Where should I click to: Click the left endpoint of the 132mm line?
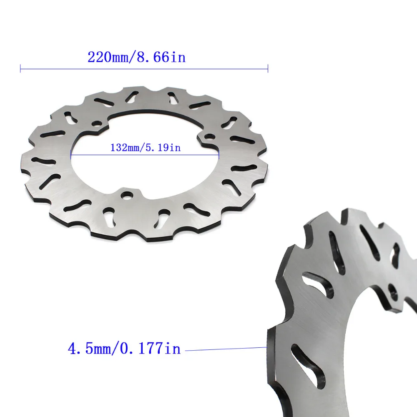[x=71, y=155]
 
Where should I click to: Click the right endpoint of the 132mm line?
[x=219, y=155]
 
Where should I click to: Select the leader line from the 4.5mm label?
[x=225, y=349]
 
